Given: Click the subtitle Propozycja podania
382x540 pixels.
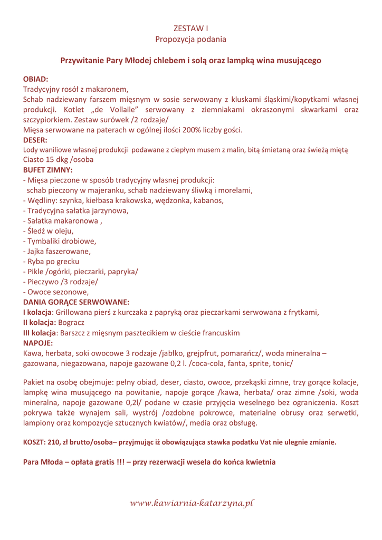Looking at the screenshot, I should click(x=191, y=39).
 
